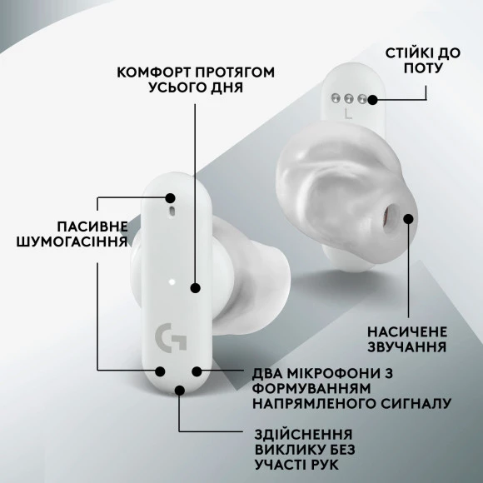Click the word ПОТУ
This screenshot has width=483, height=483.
tap(423, 68)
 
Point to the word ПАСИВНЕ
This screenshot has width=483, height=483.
tap(92, 227)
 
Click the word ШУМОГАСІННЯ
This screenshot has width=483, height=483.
tap(72, 242)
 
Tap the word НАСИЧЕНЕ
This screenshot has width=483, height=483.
tap(407, 332)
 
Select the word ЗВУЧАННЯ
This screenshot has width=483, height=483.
tap(407, 347)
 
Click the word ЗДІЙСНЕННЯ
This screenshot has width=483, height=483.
tap(303, 435)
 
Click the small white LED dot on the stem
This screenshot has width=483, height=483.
tap(172, 281)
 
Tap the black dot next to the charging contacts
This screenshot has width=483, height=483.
tap(373, 99)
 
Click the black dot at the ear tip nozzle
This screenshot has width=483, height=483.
tap(408, 219)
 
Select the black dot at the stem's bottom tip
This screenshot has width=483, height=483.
tap(180, 391)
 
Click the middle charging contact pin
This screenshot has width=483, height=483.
tap(349, 98)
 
